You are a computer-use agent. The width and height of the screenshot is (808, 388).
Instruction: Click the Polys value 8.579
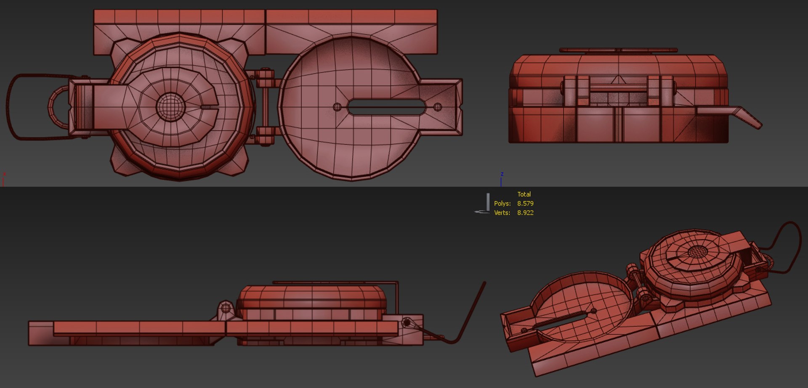[x=525, y=203]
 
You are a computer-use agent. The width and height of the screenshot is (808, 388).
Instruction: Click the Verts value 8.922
[x=525, y=213]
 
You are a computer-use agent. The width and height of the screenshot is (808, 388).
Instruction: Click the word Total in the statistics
[x=524, y=194]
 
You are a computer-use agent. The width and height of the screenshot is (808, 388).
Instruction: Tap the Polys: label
[x=502, y=203]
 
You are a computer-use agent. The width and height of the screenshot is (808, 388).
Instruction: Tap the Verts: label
[x=502, y=213]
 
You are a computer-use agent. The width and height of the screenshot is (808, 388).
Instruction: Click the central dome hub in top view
[x=170, y=106]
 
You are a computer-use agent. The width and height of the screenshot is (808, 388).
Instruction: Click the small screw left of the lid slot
[x=337, y=107]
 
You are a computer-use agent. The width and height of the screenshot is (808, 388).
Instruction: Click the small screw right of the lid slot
[x=438, y=107]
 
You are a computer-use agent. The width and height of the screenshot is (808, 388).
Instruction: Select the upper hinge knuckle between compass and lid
[x=265, y=78]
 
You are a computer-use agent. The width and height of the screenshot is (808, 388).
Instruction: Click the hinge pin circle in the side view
[x=226, y=308]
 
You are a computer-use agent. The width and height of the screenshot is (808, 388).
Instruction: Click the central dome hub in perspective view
[x=698, y=251]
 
